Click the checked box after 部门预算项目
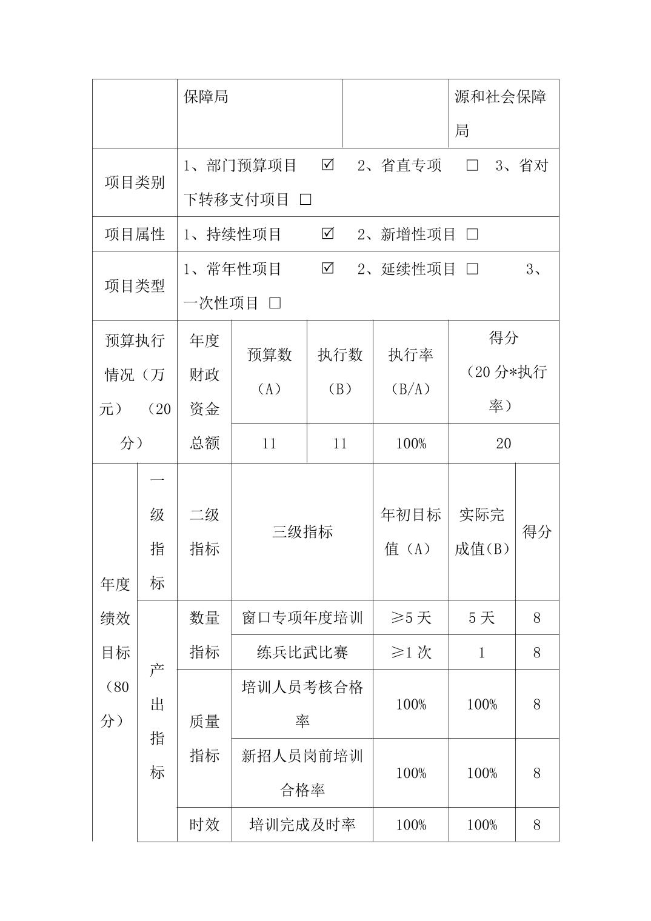(328, 165)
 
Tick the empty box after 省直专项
(472, 165)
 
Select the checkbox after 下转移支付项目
(305, 199)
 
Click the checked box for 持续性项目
(328, 233)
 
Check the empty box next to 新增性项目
(472, 234)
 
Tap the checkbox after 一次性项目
(275, 303)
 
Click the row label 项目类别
(135, 182)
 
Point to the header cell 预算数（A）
(269, 371)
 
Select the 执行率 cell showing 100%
(411, 444)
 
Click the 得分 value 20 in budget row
(503, 444)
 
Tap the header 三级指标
(302, 531)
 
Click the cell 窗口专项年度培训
(302, 617)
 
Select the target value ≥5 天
(411, 617)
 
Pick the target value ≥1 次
(411, 652)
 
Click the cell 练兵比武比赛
(302, 652)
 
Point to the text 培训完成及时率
(302, 824)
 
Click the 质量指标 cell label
(204, 738)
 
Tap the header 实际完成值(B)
(482, 531)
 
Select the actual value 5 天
(482, 617)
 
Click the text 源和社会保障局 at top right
(501, 113)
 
